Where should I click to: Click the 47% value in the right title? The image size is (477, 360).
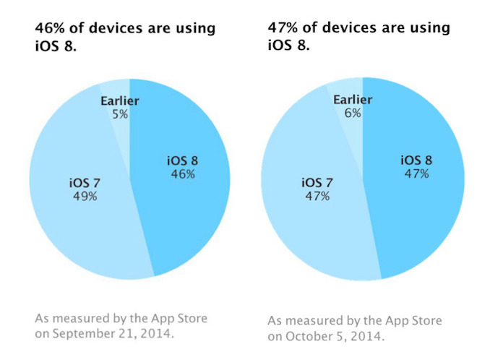[x=282, y=27]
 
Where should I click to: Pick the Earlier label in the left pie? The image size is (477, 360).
[x=121, y=99]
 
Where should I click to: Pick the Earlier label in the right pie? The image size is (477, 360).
[x=353, y=99]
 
